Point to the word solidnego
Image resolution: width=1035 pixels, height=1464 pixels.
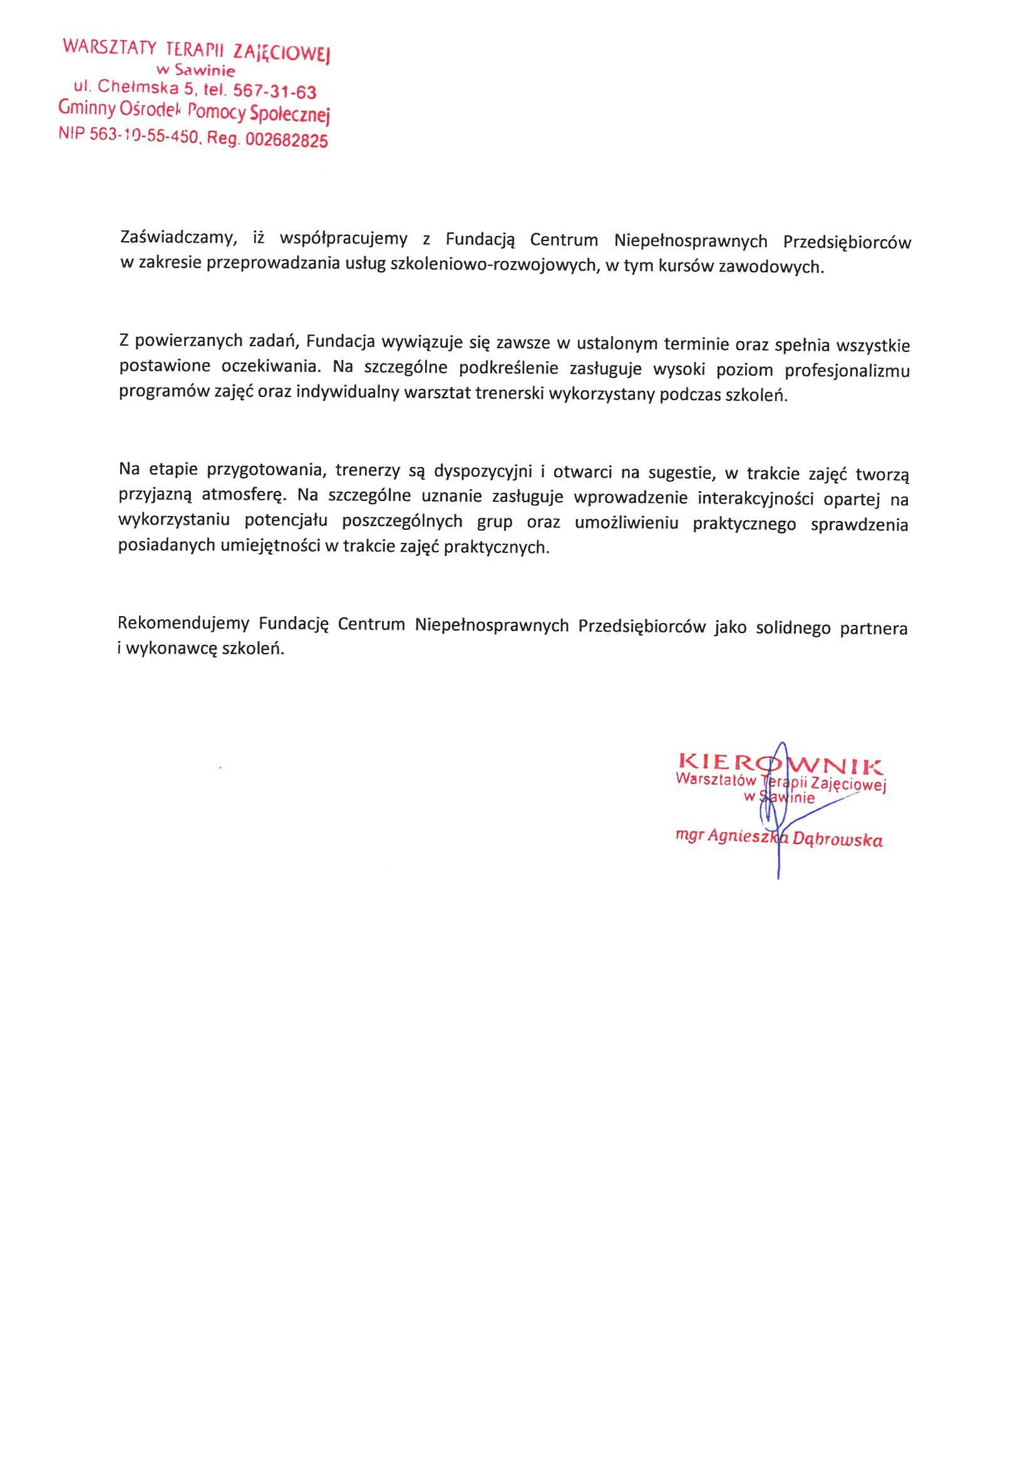coord(793,628)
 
